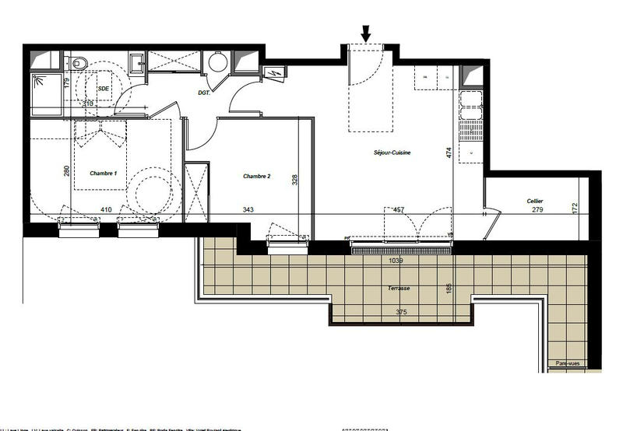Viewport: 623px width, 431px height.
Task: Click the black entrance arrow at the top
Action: tap(367, 33)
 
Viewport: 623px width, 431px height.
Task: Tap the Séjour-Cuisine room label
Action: tap(392, 153)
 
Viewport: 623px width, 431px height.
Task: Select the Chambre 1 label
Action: tap(104, 173)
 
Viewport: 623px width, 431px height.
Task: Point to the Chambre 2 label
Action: tap(256, 177)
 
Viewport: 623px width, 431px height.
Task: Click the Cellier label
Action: tap(533, 201)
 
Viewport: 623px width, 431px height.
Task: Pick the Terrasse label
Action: tap(399, 288)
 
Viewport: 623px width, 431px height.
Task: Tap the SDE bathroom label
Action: tap(103, 89)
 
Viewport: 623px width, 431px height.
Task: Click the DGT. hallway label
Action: tap(205, 93)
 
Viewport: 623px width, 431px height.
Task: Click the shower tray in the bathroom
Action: tap(45, 92)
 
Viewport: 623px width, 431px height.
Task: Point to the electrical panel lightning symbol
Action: tap(275, 73)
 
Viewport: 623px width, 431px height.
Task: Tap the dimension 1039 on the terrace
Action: tap(396, 261)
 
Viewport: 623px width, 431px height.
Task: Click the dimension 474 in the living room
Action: tap(449, 153)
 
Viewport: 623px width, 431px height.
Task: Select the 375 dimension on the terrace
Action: tap(400, 313)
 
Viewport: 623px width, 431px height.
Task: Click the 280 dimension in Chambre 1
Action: tap(67, 170)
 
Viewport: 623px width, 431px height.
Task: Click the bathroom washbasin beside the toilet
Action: tap(136, 62)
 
